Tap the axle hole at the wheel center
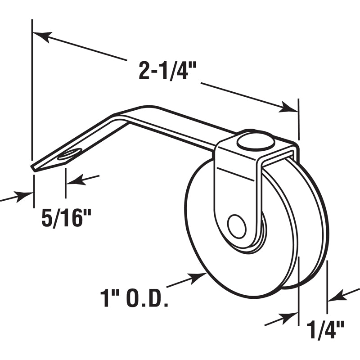[236, 226]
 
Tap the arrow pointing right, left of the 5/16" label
[25, 195]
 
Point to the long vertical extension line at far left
[32, 90]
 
